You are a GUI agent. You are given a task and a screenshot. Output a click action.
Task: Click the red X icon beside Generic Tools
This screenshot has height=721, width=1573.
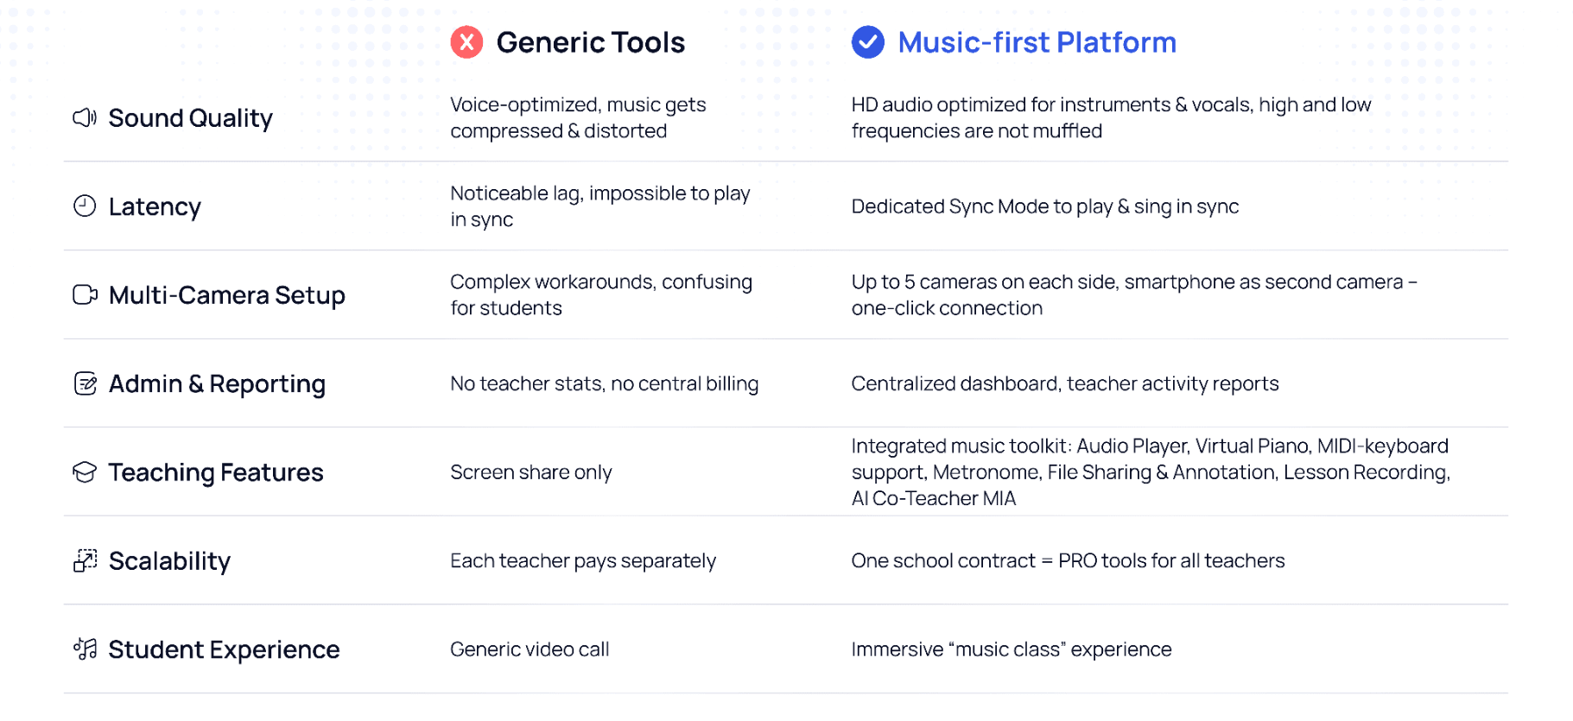[x=466, y=42]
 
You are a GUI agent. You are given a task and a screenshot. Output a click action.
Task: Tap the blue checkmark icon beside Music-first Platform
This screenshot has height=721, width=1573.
[x=867, y=42]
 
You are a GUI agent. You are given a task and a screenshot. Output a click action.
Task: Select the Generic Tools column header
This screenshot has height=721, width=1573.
[x=590, y=42]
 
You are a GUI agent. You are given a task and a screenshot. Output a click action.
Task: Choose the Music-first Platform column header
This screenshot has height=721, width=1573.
[x=1037, y=42]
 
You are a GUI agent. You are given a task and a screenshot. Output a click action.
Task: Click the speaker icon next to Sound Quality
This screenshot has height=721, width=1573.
[x=85, y=117]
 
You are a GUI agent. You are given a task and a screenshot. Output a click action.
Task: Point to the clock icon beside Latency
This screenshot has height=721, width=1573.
[x=85, y=206]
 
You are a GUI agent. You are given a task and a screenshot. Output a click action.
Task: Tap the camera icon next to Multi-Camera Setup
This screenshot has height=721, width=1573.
[x=85, y=295]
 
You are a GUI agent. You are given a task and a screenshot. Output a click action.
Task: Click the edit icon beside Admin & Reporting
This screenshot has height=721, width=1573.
[x=85, y=383]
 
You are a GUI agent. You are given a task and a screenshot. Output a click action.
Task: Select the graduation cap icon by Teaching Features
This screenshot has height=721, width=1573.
[x=85, y=472]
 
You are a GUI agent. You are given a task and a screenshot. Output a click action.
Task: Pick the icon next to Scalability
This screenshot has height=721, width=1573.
[x=85, y=561]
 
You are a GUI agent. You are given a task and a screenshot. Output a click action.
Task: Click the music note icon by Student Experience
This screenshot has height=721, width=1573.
[x=85, y=649]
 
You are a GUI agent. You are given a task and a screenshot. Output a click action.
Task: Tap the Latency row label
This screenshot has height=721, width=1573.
[x=155, y=207]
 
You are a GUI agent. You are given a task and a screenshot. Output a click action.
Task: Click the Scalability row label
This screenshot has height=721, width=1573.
[x=169, y=561]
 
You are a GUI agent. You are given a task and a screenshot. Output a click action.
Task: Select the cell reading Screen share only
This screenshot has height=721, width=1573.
[x=530, y=472]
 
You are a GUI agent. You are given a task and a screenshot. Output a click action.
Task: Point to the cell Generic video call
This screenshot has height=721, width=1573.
[x=530, y=649]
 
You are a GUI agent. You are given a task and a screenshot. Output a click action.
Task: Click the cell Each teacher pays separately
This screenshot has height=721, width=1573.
[x=583, y=561]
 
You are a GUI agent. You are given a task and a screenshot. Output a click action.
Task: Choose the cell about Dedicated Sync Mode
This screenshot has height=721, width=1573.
[x=1044, y=207]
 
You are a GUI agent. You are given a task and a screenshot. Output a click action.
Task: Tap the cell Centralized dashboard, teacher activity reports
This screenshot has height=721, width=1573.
[x=1064, y=384]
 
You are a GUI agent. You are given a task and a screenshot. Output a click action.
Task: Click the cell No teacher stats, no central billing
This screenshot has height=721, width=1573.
[x=604, y=384]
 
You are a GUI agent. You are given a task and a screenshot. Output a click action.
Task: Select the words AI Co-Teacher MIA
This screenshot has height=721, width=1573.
[x=933, y=499]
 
